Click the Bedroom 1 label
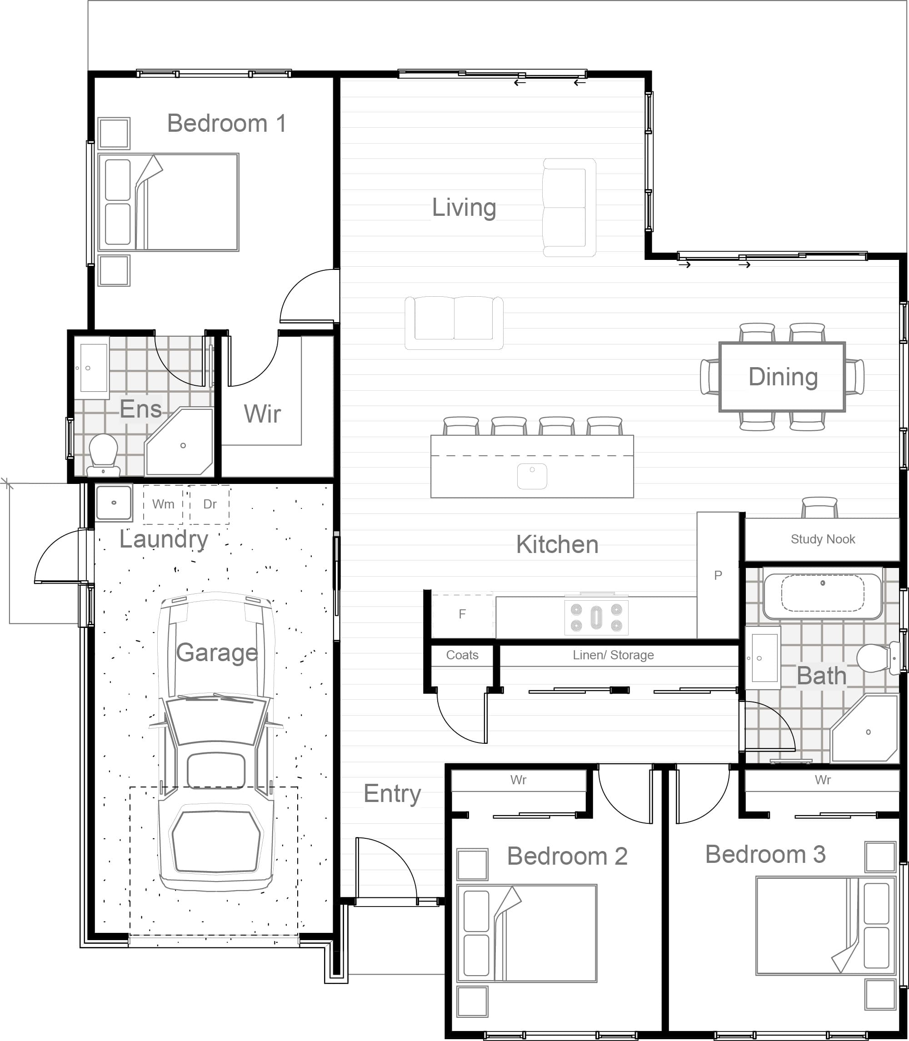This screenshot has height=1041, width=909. tap(226, 123)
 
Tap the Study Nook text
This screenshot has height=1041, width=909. tap(823, 539)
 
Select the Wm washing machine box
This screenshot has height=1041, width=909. tap(163, 504)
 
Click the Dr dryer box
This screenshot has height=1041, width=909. tap(210, 504)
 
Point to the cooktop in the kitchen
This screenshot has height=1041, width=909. tap(596, 618)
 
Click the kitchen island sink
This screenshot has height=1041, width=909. tap(532, 476)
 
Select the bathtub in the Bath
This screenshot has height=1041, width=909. tap(822, 596)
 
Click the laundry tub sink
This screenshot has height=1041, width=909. tap(114, 503)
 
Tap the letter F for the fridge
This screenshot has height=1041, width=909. tap(462, 614)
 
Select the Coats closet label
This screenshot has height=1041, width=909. tap(462, 655)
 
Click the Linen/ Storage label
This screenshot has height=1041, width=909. tap(613, 655)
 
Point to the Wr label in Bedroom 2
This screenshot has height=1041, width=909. tap(519, 780)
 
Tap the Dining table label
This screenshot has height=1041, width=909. tap(783, 377)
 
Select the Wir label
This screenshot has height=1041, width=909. tap(262, 414)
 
